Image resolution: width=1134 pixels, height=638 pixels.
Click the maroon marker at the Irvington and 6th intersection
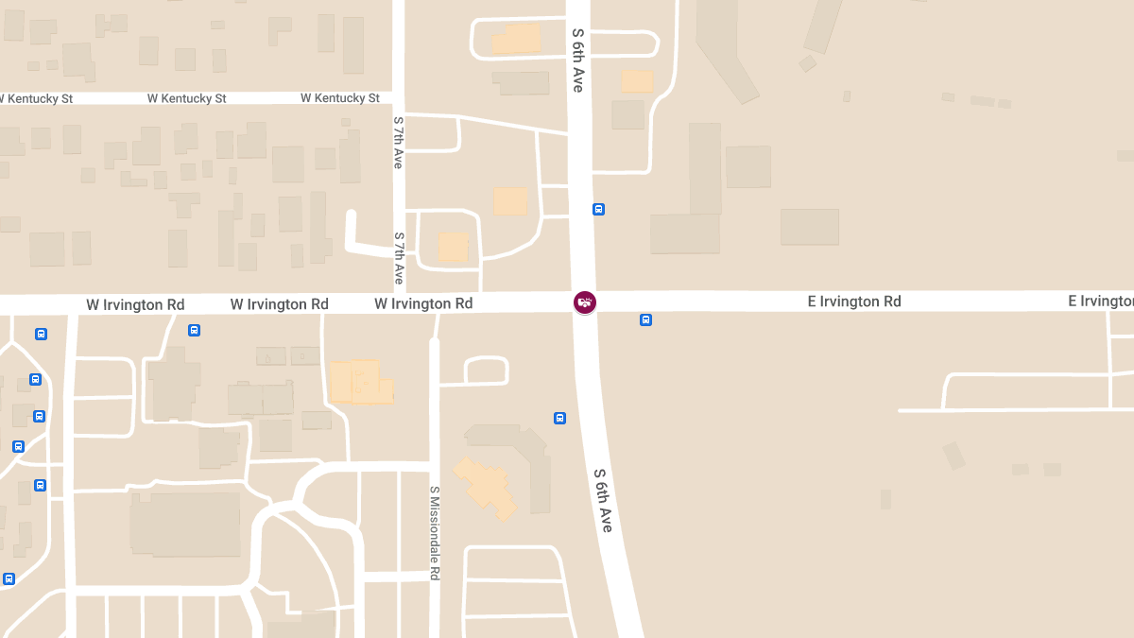[x=585, y=302]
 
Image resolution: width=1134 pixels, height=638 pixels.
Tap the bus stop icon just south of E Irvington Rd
[x=645, y=319]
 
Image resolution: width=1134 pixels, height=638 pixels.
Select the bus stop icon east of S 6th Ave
[x=598, y=209]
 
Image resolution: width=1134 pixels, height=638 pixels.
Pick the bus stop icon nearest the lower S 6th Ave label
[x=559, y=418]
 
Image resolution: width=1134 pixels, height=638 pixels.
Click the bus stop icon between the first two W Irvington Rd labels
[x=194, y=330]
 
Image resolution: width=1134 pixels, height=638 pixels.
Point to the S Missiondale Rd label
[x=435, y=533]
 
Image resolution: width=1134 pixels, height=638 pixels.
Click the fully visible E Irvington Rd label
[x=853, y=302]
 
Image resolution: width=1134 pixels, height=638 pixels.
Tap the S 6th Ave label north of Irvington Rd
[x=577, y=60]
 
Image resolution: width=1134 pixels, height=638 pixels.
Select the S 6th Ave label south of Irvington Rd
[x=603, y=500]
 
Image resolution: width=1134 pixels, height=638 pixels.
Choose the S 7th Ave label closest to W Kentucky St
[x=399, y=143]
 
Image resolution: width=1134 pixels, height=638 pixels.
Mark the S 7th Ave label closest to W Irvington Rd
[x=399, y=258]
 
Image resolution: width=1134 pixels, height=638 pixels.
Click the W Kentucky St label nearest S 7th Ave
[x=340, y=98]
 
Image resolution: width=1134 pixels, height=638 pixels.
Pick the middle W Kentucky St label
[x=186, y=98]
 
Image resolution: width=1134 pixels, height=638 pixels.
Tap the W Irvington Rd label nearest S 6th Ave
[x=423, y=303]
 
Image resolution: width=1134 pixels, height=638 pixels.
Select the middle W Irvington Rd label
[x=280, y=304]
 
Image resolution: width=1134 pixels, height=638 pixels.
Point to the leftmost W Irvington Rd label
[x=135, y=304]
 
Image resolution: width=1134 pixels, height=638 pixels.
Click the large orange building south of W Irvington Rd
[x=360, y=382]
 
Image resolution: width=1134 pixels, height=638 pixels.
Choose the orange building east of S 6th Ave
[x=637, y=81]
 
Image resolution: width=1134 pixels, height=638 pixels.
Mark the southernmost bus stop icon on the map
[x=9, y=578]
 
